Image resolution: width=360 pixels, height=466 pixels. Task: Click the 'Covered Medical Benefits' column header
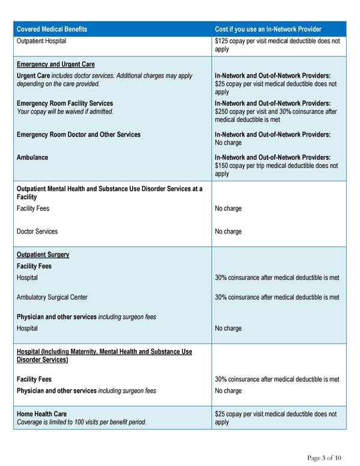point(52,29)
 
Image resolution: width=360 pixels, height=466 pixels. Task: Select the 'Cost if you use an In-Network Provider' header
point(268,29)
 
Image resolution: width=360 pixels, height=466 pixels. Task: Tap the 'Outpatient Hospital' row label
point(41,41)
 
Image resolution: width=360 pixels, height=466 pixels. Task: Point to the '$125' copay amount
point(222,41)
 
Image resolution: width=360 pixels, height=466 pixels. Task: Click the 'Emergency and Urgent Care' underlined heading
point(55,64)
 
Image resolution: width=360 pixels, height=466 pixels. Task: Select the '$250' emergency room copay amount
point(222,111)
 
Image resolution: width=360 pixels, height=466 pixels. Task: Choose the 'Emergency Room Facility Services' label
point(65,103)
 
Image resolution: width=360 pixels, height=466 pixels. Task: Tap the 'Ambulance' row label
point(32,157)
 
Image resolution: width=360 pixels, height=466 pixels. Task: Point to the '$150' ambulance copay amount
point(222,166)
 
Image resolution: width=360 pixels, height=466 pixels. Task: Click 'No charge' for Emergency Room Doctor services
point(228,143)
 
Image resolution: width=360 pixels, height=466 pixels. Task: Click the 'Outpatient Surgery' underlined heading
point(43,255)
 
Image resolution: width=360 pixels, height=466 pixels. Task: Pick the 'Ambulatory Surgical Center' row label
point(52,297)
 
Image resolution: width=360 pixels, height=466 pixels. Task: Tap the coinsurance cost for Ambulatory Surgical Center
point(277,297)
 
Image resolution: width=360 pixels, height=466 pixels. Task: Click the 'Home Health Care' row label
point(41,414)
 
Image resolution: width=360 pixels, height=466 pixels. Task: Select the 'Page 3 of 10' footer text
point(324,458)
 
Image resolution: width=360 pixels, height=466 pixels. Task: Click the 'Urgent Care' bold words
point(32,76)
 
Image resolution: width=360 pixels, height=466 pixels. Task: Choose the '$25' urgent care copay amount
point(220,84)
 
